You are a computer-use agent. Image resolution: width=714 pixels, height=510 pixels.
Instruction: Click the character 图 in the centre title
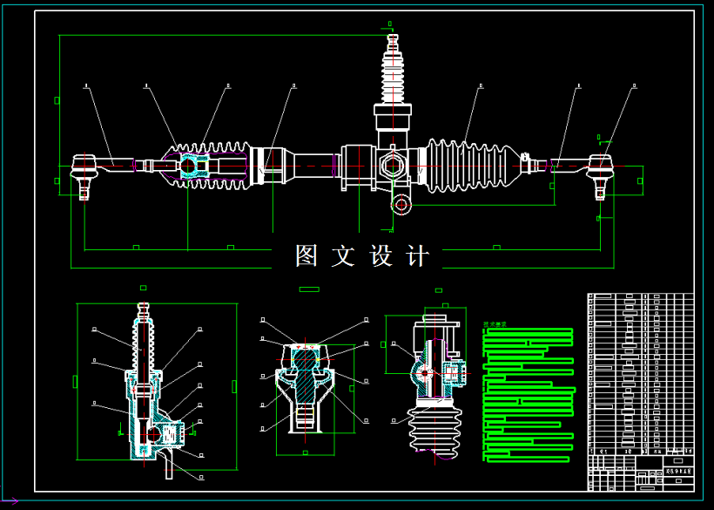pos(306,256)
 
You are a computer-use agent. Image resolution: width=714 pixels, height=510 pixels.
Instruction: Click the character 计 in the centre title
pos(418,256)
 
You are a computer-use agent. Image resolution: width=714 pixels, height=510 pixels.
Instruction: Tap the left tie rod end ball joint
pos(84,165)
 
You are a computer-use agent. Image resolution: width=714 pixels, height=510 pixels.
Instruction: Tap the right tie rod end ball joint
pos(600,165)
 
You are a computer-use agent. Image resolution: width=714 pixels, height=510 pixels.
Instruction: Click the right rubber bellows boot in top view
pos(470,165)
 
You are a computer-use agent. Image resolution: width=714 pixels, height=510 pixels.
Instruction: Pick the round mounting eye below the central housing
pos(401,205)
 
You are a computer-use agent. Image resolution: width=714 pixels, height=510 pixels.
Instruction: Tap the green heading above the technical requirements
pos(495,325)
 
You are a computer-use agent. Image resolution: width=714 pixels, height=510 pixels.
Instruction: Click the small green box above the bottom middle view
pos(308,289)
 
